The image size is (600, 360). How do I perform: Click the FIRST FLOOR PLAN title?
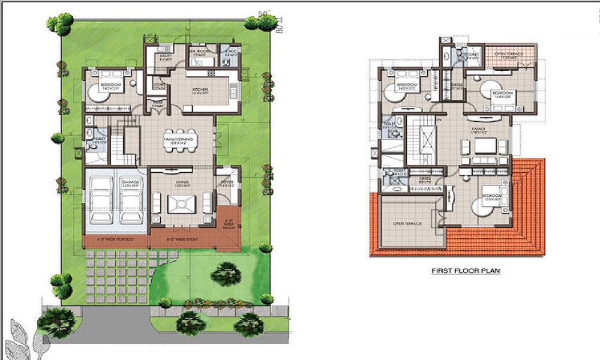466,271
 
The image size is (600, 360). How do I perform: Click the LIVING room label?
182,182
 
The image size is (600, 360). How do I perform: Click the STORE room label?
159,85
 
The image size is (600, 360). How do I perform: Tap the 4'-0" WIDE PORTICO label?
116,241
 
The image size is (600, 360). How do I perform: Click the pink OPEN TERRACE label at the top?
509,54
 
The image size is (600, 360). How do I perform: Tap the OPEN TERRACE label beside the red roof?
406,223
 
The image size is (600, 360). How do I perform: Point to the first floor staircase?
427,142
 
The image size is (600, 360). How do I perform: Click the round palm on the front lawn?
226,274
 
